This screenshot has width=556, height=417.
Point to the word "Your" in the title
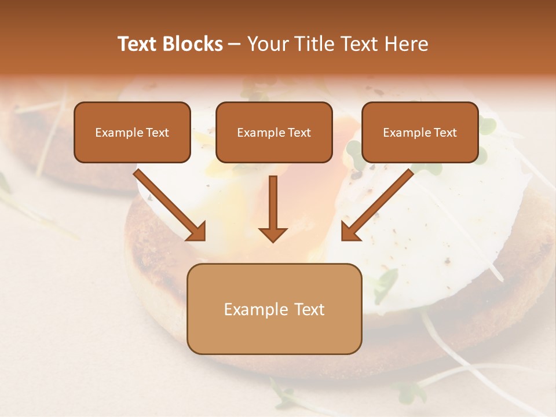click(266, 44)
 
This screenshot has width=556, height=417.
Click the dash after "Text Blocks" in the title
click(235, 44)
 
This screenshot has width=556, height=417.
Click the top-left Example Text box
click(132, 132)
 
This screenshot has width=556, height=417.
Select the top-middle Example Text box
click(274, 132)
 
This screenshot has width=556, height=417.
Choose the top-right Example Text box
click(420, 132)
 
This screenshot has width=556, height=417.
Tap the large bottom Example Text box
click(274, 309)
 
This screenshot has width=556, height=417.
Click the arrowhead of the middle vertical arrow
click(273, 234)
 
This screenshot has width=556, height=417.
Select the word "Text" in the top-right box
click(445, 133)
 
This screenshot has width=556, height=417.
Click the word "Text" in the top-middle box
click(299, 133)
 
